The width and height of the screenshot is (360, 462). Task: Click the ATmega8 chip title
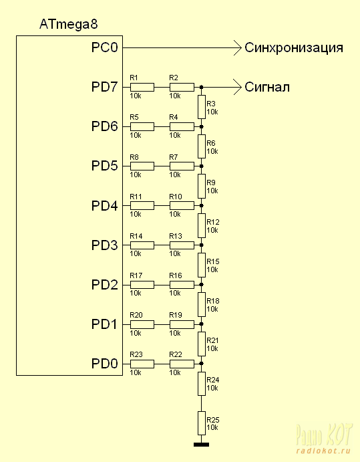tap(68, 24)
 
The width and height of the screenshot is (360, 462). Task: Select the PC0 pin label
tap(104, 47)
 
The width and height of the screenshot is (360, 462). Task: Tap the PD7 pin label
tap(104, 87)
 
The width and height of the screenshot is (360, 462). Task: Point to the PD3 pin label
tap(104, 245)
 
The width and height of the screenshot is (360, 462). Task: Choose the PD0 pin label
tap(104, 363)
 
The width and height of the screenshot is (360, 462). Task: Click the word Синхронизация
tap(294, 47)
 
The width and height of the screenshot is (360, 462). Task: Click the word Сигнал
tap(267, 87)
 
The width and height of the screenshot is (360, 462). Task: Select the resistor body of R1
tap(142, 87)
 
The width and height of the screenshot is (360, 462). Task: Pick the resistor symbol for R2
tap(182, 87)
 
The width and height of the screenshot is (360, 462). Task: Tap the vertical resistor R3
tap(202, 107)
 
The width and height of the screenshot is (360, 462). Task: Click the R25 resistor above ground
tap(202, 423)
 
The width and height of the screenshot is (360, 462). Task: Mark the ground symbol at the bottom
tap(202, 445)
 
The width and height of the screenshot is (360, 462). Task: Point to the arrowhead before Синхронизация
tap(237, 47)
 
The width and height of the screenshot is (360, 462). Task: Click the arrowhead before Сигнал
tap(237, 87)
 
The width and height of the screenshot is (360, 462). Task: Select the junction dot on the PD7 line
tap(202, 87)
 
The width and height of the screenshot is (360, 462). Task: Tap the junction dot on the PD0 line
tap(202, 364)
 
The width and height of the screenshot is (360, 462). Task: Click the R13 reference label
tap(176, 236)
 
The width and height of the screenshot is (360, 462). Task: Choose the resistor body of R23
tap(142, 364)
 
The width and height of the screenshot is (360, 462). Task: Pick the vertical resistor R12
tap(202, 226)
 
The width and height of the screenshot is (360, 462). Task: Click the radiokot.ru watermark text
tap(323, 451)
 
